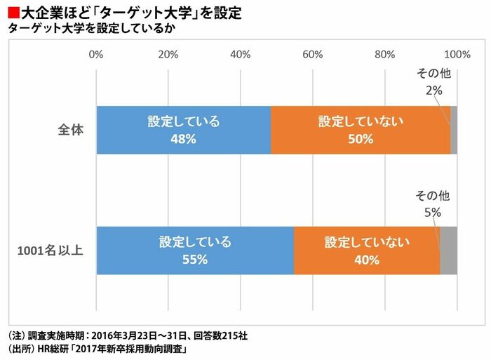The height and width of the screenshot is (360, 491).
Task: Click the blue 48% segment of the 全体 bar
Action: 183,130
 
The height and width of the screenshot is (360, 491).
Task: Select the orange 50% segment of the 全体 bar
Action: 361,130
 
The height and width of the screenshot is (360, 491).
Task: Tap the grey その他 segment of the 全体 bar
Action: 454,130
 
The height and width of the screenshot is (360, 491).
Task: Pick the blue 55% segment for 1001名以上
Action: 195,251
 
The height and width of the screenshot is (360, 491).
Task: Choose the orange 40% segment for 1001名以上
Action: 367,251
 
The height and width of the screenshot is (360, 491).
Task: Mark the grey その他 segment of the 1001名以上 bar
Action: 449,251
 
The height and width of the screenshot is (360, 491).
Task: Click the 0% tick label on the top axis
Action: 97,54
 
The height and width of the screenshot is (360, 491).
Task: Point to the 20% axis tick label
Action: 168,54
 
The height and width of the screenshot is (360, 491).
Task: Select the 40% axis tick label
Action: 241,54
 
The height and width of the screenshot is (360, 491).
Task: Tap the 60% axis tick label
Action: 313,54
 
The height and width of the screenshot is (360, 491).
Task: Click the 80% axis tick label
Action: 385,54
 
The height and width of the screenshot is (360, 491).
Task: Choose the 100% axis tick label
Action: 457,54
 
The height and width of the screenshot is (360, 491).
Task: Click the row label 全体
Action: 71,130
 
